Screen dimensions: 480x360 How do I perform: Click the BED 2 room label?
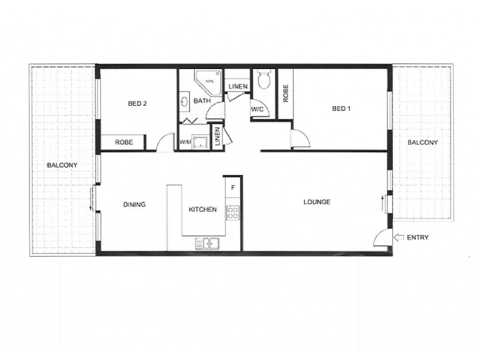coord(137,103)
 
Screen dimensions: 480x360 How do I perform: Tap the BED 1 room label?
coord(341,109)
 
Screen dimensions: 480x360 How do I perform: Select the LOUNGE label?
coord(317,202)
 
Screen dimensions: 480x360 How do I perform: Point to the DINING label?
coord(134,204)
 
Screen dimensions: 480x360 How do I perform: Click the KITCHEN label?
coord(203,209)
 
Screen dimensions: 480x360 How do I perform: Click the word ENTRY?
coord(418,237)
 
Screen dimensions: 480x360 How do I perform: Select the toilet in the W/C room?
coord(263,79)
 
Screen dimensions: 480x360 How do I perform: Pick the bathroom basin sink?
coord(184,101)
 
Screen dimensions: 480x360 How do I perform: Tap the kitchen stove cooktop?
coord(233,213)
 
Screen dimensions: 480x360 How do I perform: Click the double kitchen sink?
coord(207,244)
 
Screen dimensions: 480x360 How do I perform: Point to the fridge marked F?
coord(233,188)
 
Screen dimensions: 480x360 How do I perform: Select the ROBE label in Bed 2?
coord(124,142)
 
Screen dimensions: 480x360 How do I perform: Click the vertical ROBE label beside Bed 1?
coord(286,94)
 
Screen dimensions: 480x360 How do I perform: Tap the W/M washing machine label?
coord(185,142)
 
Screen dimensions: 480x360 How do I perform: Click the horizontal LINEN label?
coord(238,86)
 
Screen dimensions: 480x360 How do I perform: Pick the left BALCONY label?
coord(62,165)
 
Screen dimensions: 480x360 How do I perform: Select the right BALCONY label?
coord(422,142)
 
